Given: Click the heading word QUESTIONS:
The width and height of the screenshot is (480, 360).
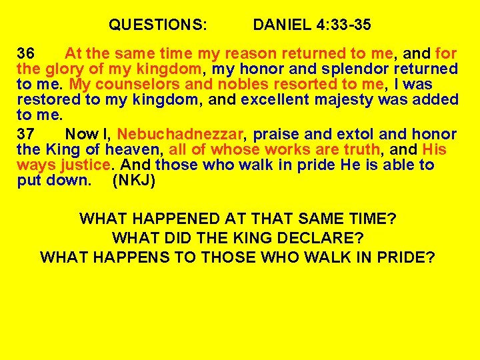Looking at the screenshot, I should (x=158, y=25).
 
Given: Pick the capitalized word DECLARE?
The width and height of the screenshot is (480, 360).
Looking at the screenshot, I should (x=319, y=237).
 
